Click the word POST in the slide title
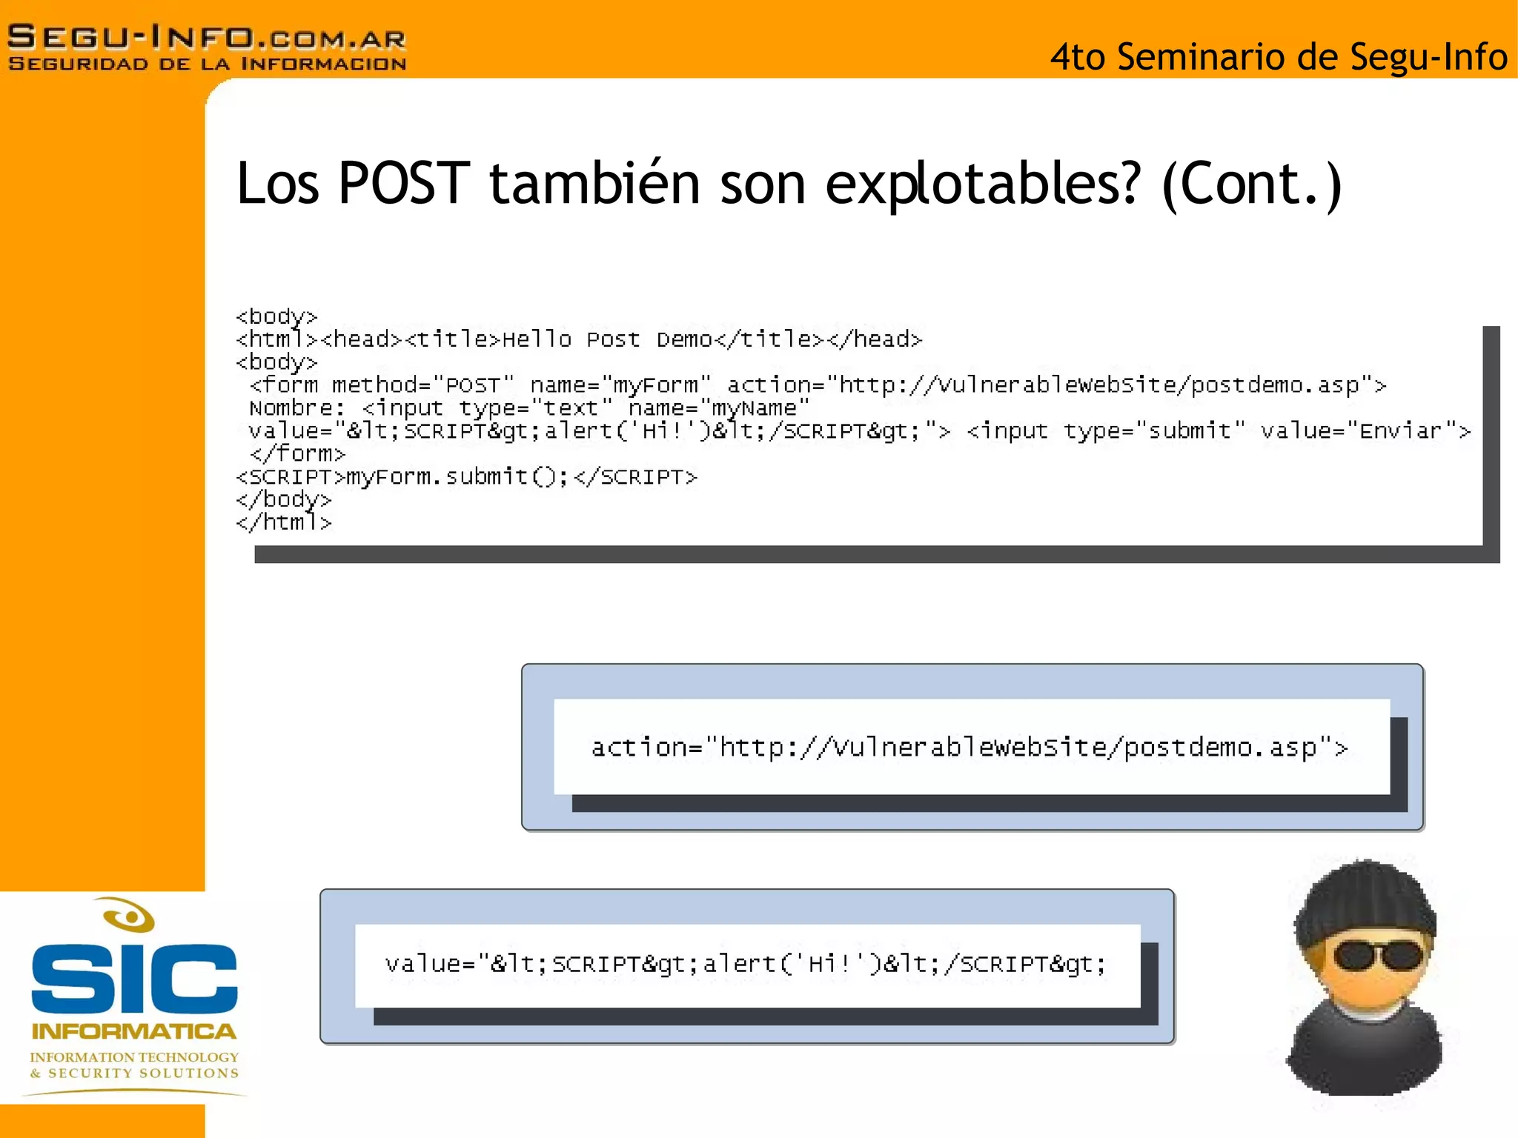404,184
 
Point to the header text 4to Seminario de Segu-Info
1279,57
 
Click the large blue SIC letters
134,978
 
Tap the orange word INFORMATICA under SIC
134,1031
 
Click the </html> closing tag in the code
284,522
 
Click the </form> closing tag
297,453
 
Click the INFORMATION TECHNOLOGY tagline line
134,1057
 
